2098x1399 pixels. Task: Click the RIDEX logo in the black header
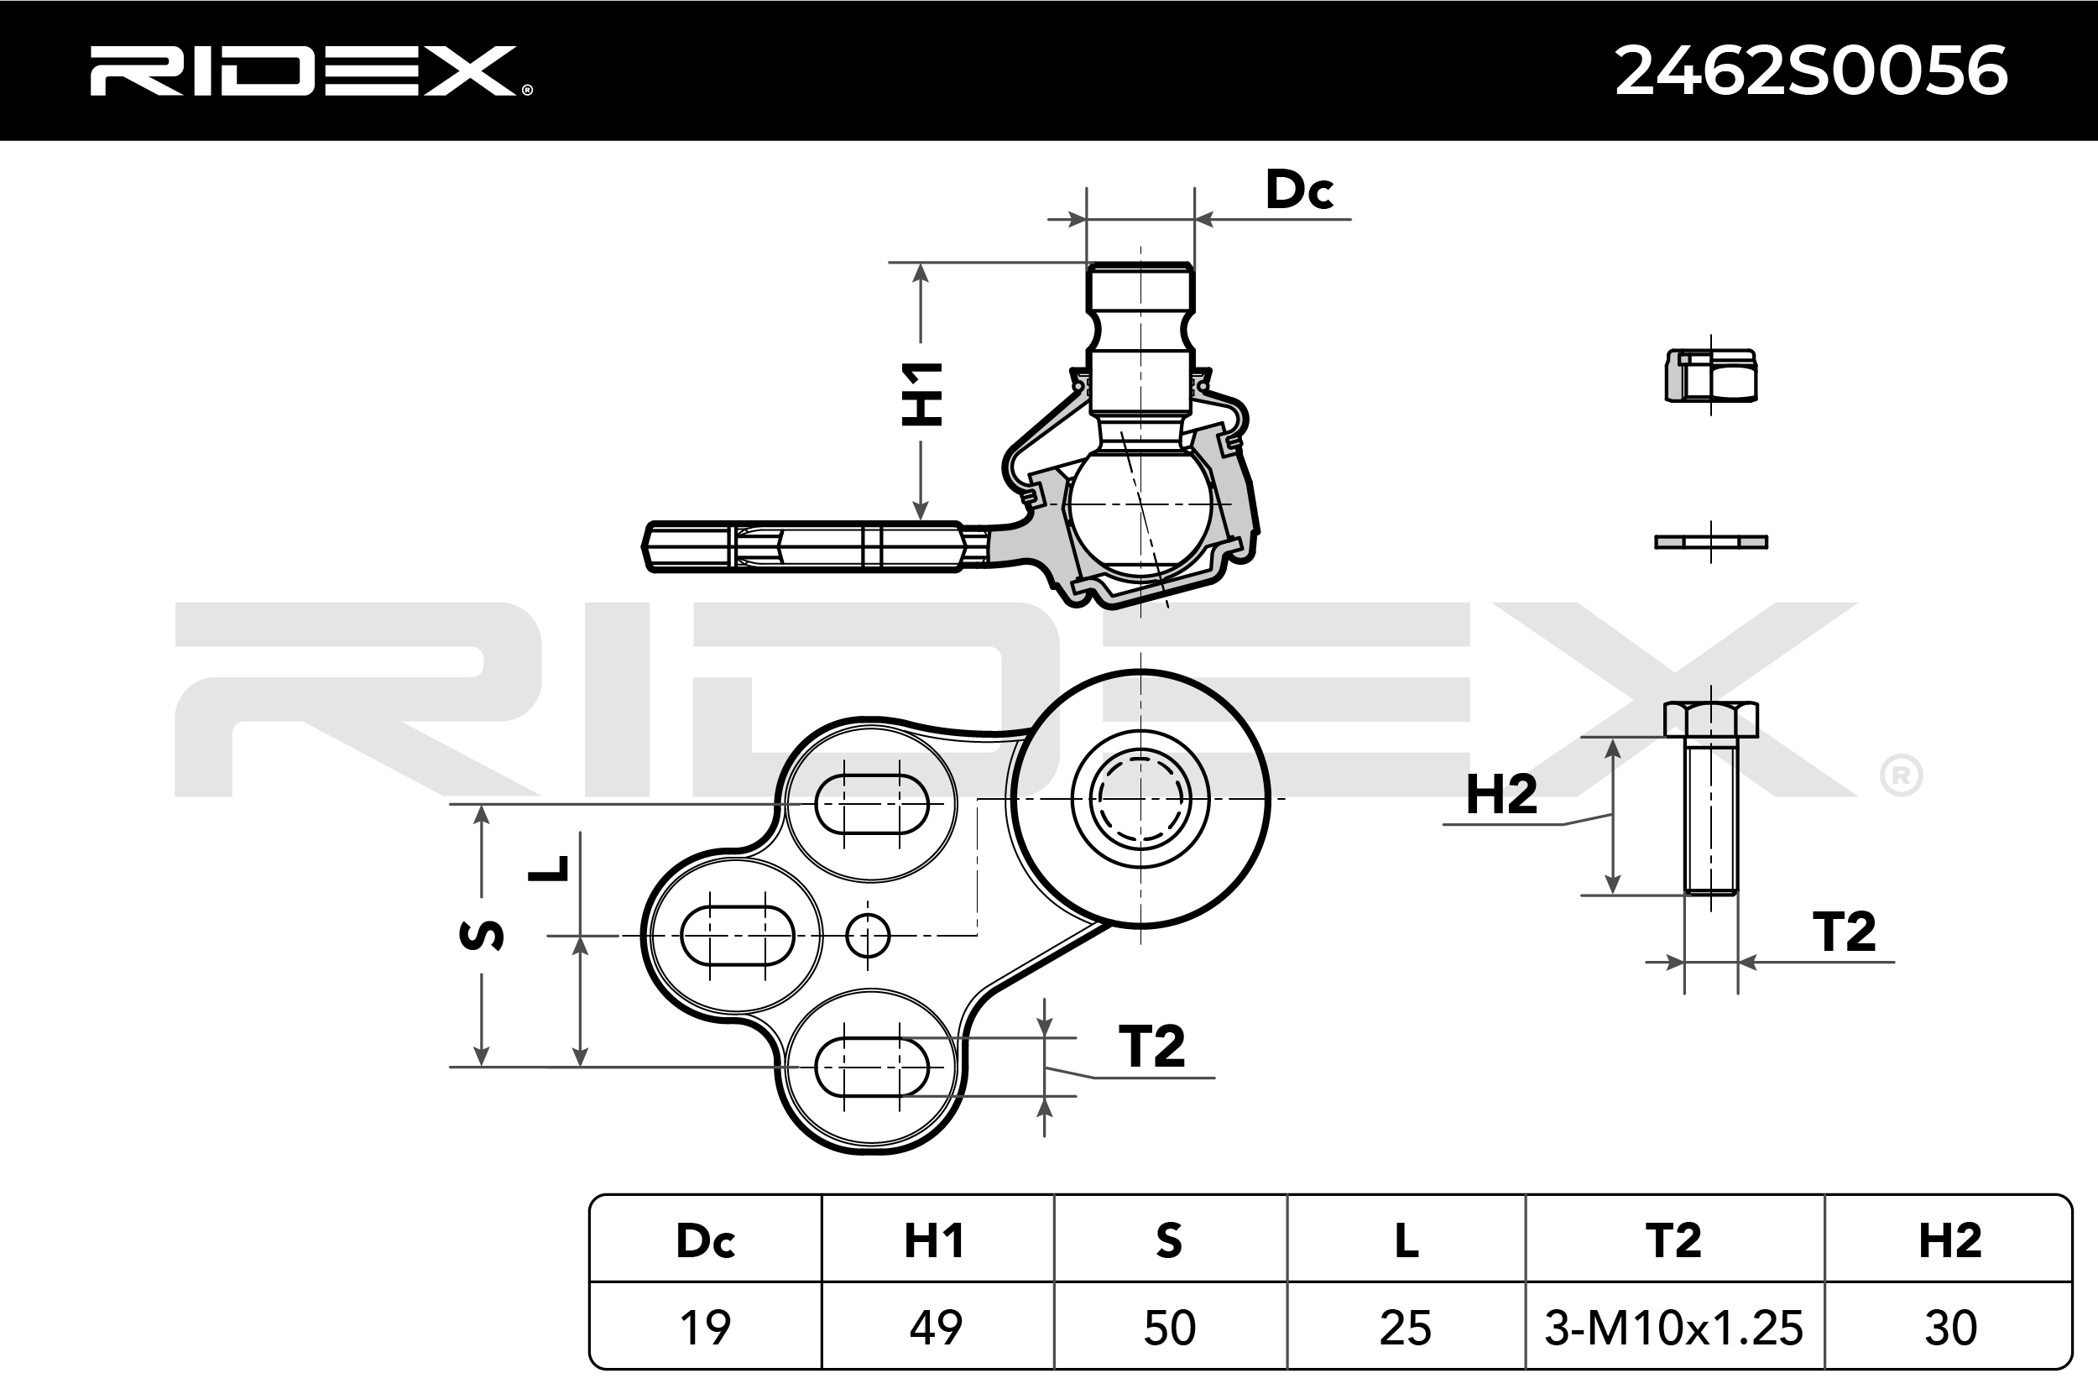click(311, 71)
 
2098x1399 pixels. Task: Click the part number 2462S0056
click(1812, 70)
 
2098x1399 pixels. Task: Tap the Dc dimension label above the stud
click(1299, 189)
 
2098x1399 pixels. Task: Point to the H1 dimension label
click(921, 394)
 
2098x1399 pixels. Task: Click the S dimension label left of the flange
click(482, 934)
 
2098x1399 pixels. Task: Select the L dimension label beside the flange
click(548, 868)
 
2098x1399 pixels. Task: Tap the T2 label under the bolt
click(1844, 932)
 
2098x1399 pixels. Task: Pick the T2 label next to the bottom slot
click(1151, 1046)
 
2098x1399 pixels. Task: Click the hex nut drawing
click(1711, 376)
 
